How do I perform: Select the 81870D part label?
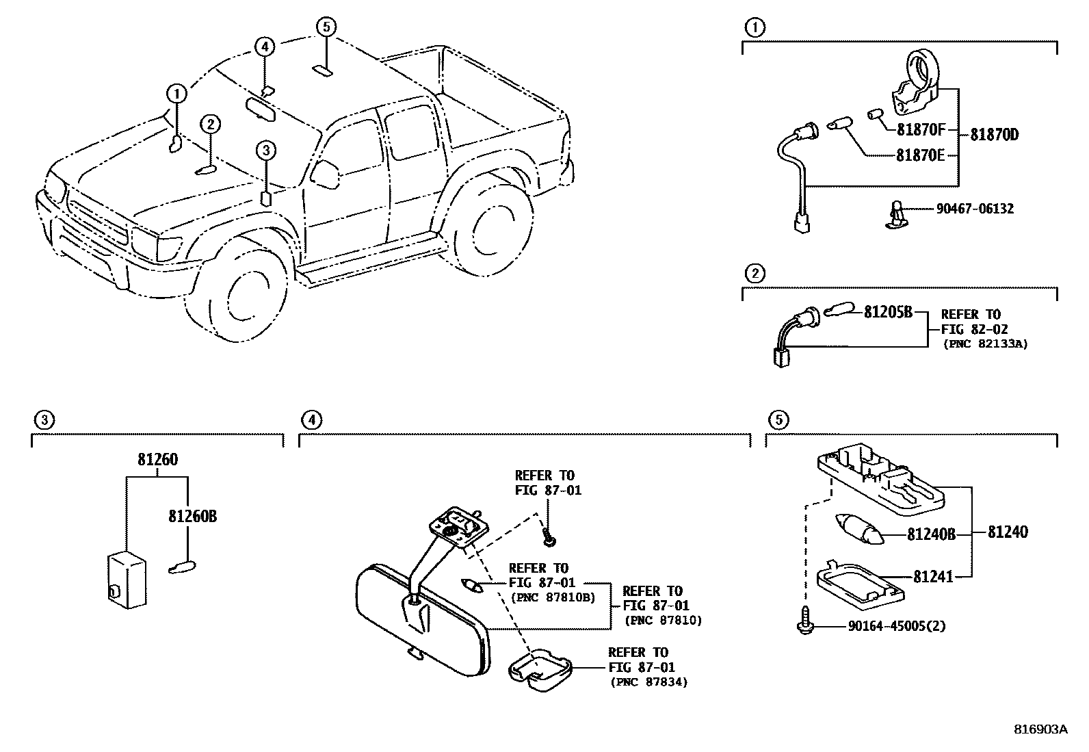[994, 135]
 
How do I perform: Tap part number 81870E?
[921, 155]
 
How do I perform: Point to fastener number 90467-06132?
[975, 209]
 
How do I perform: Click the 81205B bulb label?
[888, 312]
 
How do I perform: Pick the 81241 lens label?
[933, 577]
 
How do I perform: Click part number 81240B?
[930, 534]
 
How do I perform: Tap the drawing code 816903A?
[1040, 729]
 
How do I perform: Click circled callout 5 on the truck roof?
[326, 27]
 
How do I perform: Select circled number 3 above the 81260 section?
[43, 420]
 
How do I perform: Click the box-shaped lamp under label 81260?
[127, 579]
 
